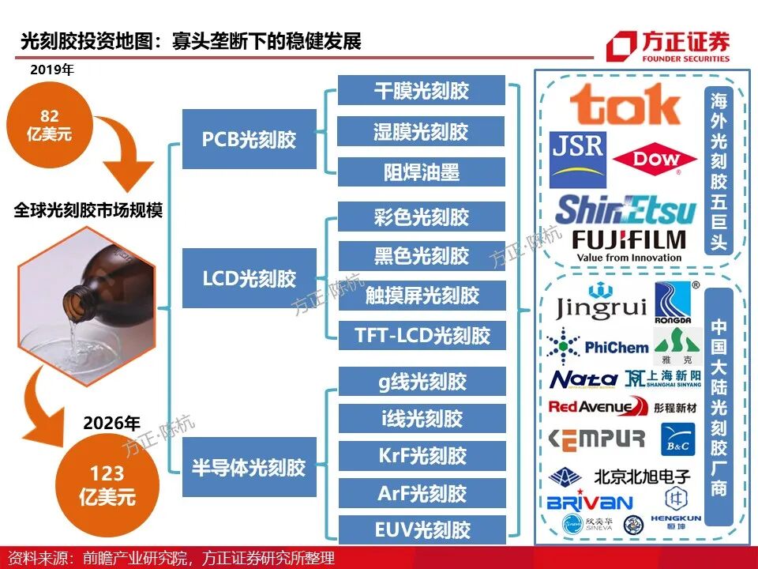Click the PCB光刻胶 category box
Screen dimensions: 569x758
pos(249,139)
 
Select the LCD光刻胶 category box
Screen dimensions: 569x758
pos(249,278)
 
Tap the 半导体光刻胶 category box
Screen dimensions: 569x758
pos(249,467)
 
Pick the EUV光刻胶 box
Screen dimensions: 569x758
pos(422,529)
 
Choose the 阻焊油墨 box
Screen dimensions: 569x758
pos(422,171)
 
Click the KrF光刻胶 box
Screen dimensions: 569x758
pos(422,456)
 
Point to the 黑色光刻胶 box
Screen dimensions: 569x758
pos(422,256)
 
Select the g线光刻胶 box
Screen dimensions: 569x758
pos(422,382)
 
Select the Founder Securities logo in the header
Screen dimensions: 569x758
pos(668,47)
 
